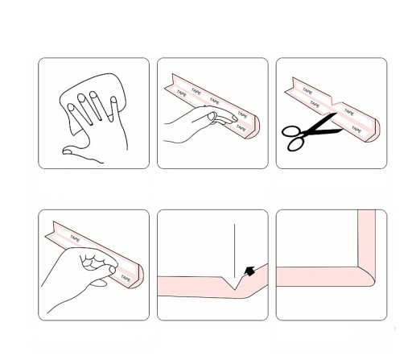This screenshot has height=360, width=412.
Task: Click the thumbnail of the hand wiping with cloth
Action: click(x=93, y=113)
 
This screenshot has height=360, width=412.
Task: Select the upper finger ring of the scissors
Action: click(x=291, y=131)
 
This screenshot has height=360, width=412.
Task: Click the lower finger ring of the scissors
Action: click(x=295, y=144)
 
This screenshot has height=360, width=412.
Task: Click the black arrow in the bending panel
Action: click(x=249, y=271)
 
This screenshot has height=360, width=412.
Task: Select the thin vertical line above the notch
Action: click(x=234, y=251)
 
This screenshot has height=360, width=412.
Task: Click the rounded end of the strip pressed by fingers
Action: click(x=253, y=127)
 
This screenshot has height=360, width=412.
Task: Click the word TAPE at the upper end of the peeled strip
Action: click(x=75, y=238)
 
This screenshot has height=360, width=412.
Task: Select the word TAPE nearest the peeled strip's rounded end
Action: click(x=126, y=278)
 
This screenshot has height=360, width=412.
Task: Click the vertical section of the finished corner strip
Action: click(x=366, y=239)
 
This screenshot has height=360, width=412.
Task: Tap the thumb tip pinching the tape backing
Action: click(x=112, y=269)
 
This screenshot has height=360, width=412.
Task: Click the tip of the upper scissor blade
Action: click(x=336, y=114)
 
